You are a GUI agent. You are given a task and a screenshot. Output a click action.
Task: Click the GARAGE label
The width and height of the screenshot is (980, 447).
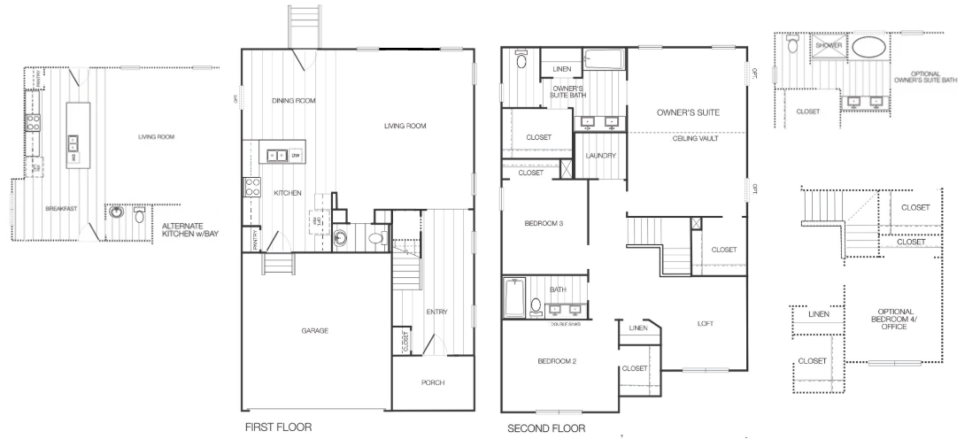coord(314,330)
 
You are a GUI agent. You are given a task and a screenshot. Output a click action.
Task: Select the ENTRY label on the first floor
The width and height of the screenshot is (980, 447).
coord(436,312)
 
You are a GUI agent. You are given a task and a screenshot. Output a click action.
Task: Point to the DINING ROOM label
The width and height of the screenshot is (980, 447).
coord(293,101)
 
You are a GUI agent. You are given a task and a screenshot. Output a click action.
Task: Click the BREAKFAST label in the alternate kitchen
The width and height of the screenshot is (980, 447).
coord(62,209)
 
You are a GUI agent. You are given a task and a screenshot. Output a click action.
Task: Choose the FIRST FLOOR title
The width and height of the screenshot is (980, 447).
coord(278,427)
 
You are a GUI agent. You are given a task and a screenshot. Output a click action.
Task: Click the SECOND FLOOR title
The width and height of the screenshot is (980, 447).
coord(546,428)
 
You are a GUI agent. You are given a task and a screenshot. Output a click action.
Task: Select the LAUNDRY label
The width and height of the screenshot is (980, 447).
coord(600,156)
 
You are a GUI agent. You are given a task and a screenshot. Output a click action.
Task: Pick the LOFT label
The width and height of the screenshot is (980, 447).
coord(705,323)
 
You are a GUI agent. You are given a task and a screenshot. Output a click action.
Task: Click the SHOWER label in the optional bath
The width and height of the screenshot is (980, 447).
coord(828,44)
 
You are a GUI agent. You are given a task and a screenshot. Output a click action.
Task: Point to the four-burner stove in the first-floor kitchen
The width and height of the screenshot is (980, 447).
coord(251,187)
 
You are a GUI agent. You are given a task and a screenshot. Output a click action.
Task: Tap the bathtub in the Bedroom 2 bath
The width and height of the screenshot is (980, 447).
coord(513,297)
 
